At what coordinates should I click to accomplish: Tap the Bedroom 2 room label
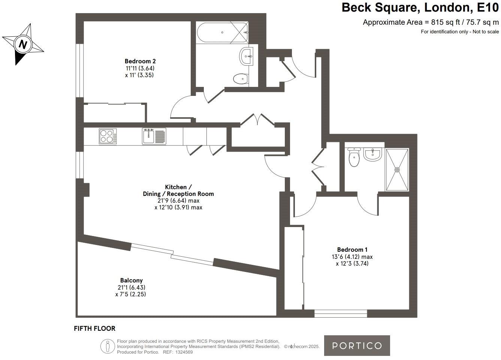click(140, 61)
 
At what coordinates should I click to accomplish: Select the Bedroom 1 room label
click(352, 249)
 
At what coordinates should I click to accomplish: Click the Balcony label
click(131, 280)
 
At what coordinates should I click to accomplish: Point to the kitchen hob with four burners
click(108, 136)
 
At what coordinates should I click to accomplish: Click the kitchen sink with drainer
click(154, 136)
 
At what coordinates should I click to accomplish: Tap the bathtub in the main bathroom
click(222, 33)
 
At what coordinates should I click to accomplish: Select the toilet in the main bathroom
click(241, 79)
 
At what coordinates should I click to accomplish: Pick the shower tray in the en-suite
click(397, 170)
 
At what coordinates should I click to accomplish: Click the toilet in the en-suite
click(354, 157)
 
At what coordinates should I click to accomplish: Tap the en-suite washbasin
click(372, 154)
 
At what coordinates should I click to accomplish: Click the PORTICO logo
click(357, 345)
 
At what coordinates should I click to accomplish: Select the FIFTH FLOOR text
click(94, 329)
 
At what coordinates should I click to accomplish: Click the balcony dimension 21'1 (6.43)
click(131, 287)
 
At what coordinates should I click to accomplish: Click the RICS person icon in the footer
click(108, 346)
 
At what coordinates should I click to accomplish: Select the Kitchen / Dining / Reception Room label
click(178, 190)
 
